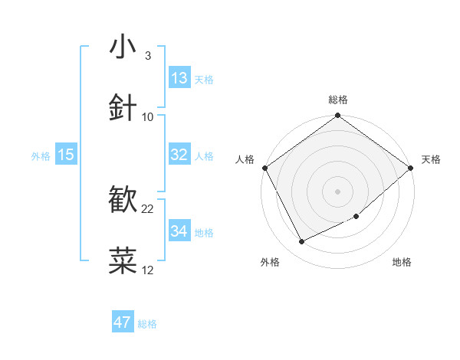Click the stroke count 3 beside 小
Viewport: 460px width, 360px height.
click(x=147, y=55)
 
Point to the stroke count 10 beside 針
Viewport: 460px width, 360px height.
click(x=148, y=116)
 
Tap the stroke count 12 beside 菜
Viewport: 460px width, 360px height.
click(x=148, y=270)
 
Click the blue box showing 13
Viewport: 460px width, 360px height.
click(x=179, y=78)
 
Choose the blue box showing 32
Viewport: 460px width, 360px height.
click(x=179, y=155)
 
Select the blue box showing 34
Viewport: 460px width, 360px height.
click(x=179, y=231)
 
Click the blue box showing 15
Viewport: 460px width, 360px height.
click(x=66, y=155)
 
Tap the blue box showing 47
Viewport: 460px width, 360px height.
click(x=123, y=322)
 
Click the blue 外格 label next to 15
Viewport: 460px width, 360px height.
click(x=41, y=156)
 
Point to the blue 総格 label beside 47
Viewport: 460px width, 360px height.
click(x=147, y=324)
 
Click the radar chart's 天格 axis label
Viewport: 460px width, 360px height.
click(x=431, y=159)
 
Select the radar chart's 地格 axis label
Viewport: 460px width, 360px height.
click(x=402, y=263)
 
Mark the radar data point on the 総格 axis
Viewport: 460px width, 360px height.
click(x=337, y=116)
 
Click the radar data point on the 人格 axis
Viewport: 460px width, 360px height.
click(x=264, y=168)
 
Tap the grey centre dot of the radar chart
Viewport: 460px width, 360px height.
click(x=337, y=191)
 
